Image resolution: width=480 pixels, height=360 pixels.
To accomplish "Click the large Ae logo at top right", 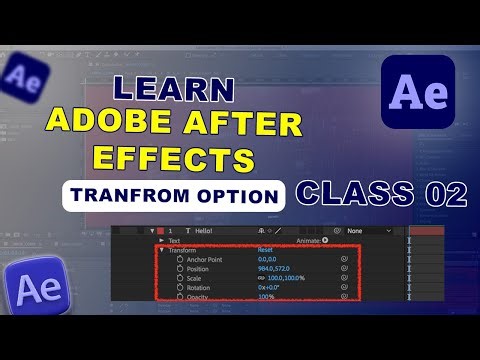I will click(x=418, y=91).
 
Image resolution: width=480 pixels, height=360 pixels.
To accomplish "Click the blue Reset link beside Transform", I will click(x=265, y=249).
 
